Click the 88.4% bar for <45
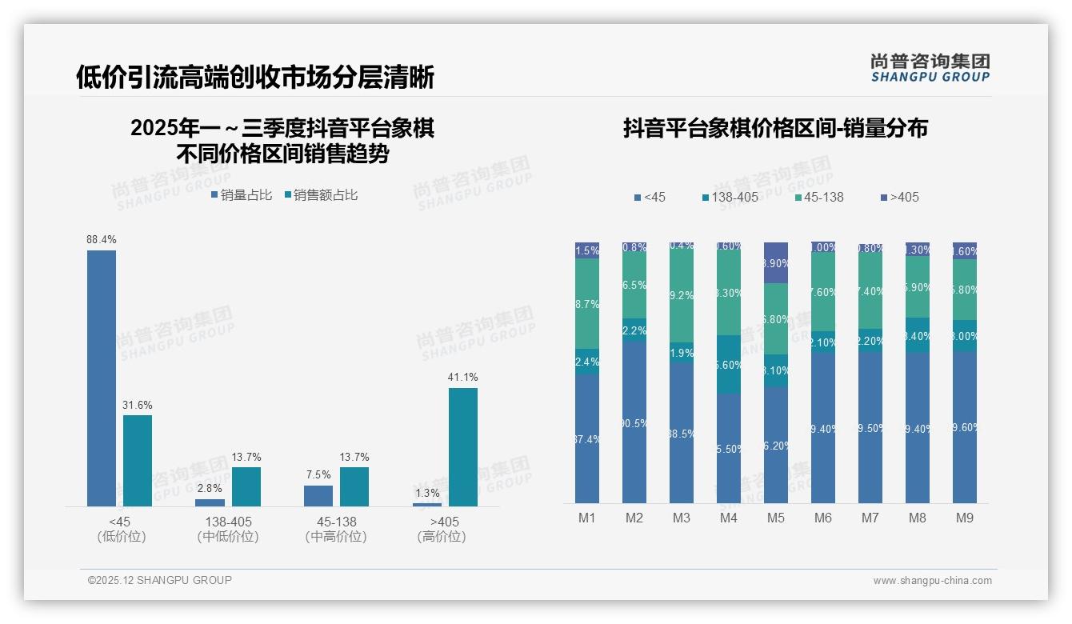[102, 378]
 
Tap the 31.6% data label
[137, 406]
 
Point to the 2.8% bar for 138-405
[210, 502]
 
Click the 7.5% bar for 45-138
[318, 495]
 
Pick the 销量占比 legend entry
[242, 195]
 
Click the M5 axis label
[775, 518]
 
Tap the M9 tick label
[964, 518]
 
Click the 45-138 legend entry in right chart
[820, 197]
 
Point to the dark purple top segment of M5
[775, 262]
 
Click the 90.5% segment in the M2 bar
[634, 422]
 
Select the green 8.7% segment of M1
[587, 303]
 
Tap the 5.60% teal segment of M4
[728, 364]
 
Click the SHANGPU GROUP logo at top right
[930, 68]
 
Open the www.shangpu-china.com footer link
[932, 581]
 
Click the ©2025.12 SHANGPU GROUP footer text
[160, 580]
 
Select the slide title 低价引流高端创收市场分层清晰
[255, 78]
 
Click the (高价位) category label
[442, 537]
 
